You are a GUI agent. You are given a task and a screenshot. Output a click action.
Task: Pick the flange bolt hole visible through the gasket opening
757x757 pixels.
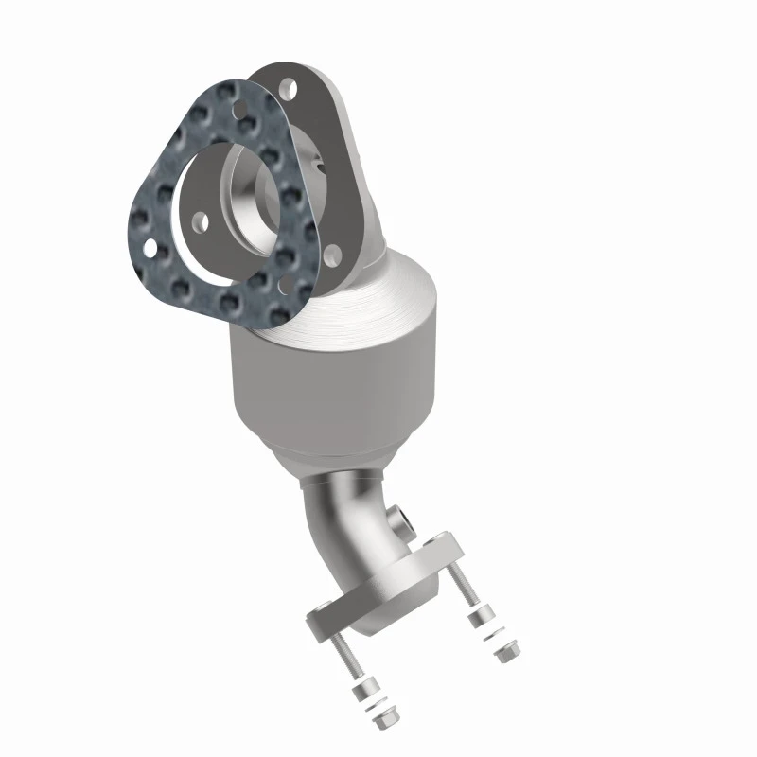point(201,224)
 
